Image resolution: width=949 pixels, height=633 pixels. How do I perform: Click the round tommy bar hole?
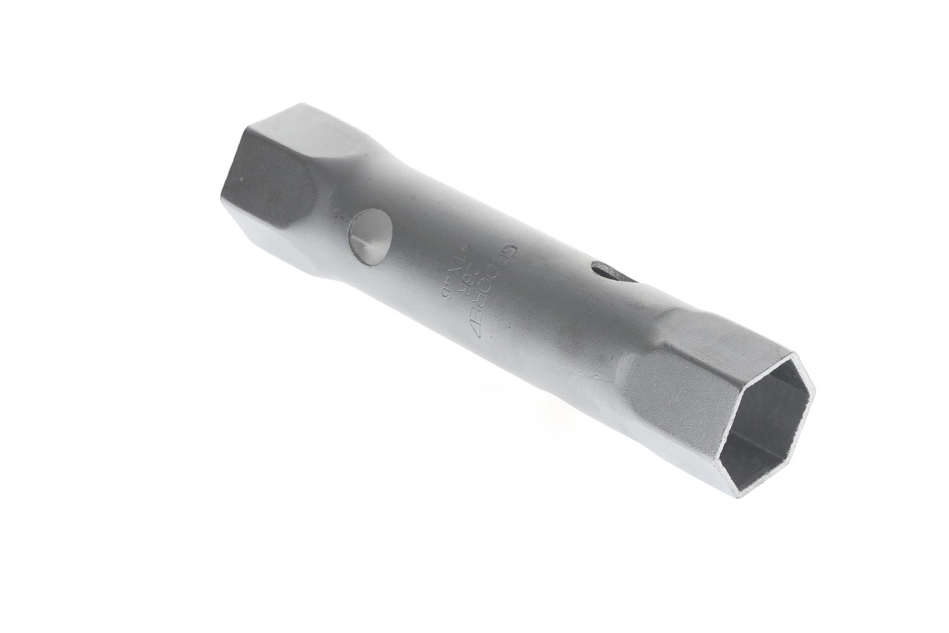370,236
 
